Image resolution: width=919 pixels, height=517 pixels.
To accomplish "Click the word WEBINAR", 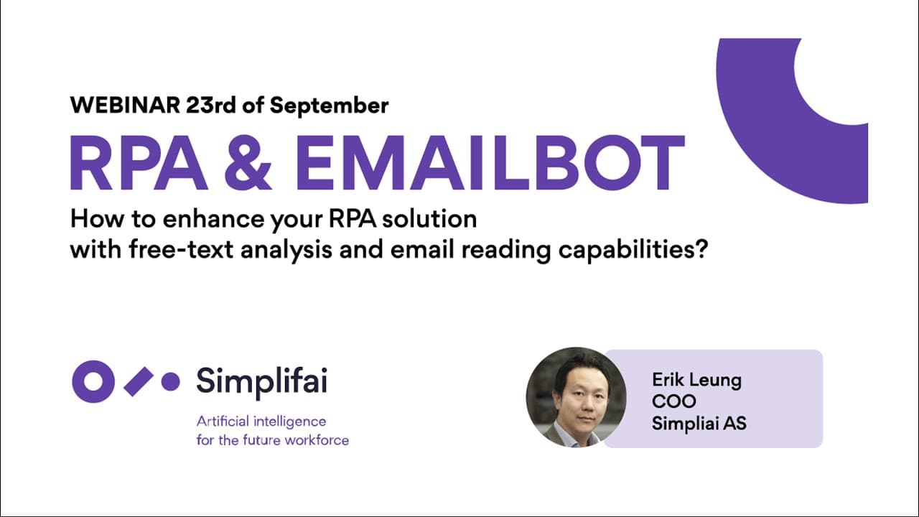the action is (x=125, y=106).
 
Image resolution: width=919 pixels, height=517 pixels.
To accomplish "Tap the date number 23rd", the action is (x=211, y=106).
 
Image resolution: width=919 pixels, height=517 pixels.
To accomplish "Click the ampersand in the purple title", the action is (x=248, y=163).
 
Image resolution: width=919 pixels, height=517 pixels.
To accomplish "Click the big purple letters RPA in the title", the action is (x=139, y=163).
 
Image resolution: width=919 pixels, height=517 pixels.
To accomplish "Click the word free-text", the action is (x=181, y=250).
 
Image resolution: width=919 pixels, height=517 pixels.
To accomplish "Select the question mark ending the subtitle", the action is (x=702, y=249).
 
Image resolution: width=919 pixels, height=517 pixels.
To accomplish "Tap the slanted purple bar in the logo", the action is (x=139, y=382).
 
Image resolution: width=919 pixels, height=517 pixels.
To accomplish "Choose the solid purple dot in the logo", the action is (x=170, y=381).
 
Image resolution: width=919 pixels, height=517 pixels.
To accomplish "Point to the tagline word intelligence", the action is (x=290, y=422).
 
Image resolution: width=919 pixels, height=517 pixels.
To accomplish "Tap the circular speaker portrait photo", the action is (x=576, y=397).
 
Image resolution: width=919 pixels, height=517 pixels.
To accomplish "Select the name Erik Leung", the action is (x=696, y=381).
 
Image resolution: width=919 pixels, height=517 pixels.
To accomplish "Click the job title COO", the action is (x=673, y=401).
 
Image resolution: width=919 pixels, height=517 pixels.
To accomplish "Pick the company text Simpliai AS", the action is (x=699, y=424).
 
